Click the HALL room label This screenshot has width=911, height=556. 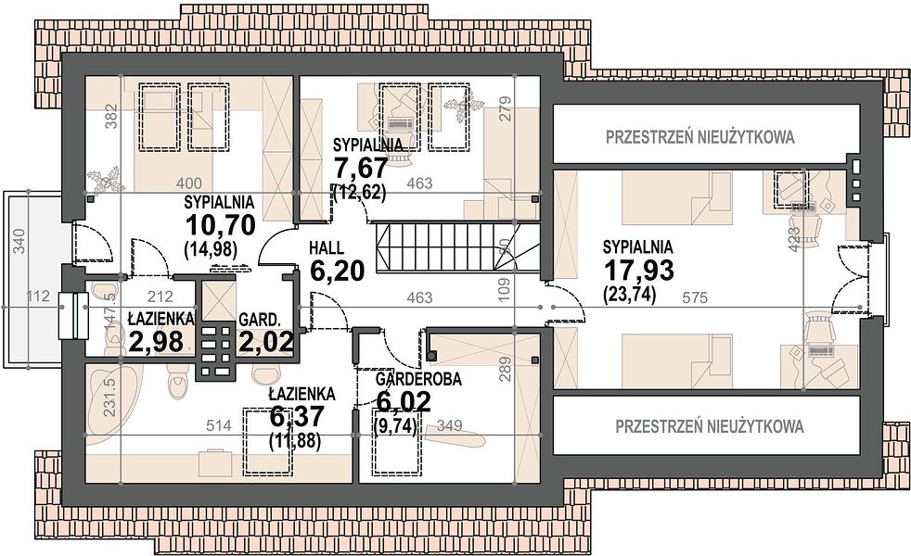click(327, 247)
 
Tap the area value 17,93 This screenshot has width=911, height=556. click(638, 271)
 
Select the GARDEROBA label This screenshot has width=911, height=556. click(418, 380)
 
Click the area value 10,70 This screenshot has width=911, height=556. click(220, 224)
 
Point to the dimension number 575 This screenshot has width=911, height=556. click(695, 297)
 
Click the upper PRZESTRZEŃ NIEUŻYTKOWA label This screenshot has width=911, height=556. click(700, 137)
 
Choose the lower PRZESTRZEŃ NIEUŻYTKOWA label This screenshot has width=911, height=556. click(710, 426)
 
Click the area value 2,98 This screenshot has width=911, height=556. click(156, 342)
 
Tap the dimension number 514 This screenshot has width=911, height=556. click(219, 425)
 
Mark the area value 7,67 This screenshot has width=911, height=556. click(360, 169)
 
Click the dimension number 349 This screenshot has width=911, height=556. click(450, 425)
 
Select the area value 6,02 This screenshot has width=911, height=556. click(404, 401)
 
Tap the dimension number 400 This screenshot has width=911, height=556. click(189, 183)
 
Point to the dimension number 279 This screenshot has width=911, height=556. click(504, 107)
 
